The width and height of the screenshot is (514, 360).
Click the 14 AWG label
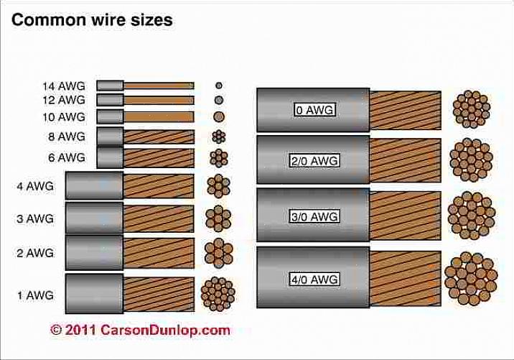tap(62, 86)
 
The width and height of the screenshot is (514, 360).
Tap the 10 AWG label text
tap(62, 116)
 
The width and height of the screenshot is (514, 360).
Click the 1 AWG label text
tap(35, 295)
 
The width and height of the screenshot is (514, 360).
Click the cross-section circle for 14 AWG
tap(219, 85)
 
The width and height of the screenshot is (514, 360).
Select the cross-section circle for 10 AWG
tap(219, 116)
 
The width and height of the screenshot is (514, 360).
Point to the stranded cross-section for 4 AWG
tap(219, 186)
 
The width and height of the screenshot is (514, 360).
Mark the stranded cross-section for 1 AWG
tap(218, 293)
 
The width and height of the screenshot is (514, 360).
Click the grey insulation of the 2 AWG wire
tap(94, 252)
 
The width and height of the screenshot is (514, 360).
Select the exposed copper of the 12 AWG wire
tap(159, 100)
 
